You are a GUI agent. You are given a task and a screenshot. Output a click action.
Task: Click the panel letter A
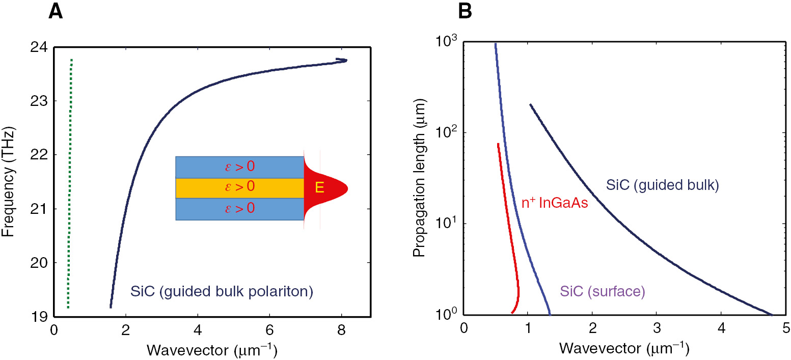56,11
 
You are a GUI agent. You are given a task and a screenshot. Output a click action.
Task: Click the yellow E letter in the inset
319,188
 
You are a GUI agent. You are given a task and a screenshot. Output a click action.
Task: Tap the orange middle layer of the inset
239,188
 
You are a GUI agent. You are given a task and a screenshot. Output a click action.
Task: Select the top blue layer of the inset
239,167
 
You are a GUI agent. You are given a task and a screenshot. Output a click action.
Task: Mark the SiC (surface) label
602,292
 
